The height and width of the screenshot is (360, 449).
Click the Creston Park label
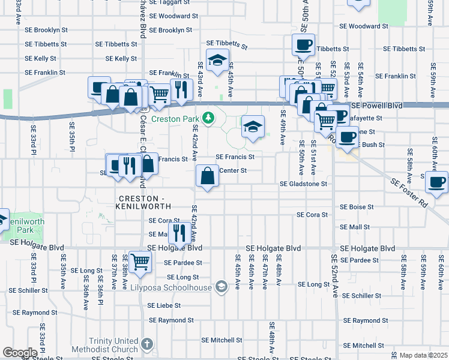pyautogui.click(x=174, y=119)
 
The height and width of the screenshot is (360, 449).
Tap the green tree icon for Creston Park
pyautogui.click(x=208, y=118)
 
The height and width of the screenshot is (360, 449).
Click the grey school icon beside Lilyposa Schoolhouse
pyautogui.click(x=221, y=287)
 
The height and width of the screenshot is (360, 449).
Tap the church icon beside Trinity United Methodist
pyautogui.click(x=147, y=345)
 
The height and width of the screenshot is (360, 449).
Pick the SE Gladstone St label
pyautogui.click(x=303, y=184)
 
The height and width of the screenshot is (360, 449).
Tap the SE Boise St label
pyautogui.click(x=357, y=206)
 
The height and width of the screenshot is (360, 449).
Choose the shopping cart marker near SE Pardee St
pyautogui.click(x=140, y=261)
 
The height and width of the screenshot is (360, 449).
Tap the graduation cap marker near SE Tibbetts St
pyautogui.click(x=217, y=59)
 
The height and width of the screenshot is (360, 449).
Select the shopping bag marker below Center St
pyautogui.click(x=207, y=176)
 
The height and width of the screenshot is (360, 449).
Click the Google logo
pyautogui.click(x=20, y=353)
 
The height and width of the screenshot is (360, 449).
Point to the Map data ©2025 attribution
pyautogui.click(x=423, y=355)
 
